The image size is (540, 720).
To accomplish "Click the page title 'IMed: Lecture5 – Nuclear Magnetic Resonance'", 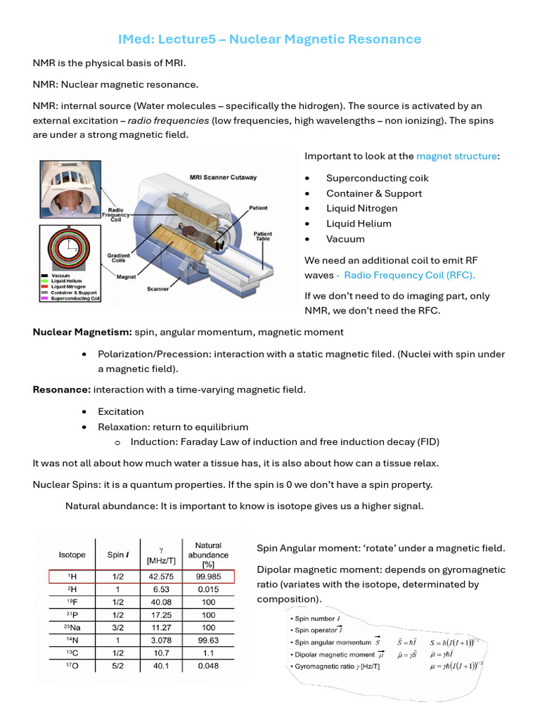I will click(269, 39).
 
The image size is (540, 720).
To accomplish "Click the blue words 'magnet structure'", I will click(456, 156).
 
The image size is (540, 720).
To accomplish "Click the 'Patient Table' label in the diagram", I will click(263, 237).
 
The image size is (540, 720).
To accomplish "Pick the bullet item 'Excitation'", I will click(121, 411).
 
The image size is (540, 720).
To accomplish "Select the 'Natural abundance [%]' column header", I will click(209, 555).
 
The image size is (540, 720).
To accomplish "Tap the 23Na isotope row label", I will click(69, 627).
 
